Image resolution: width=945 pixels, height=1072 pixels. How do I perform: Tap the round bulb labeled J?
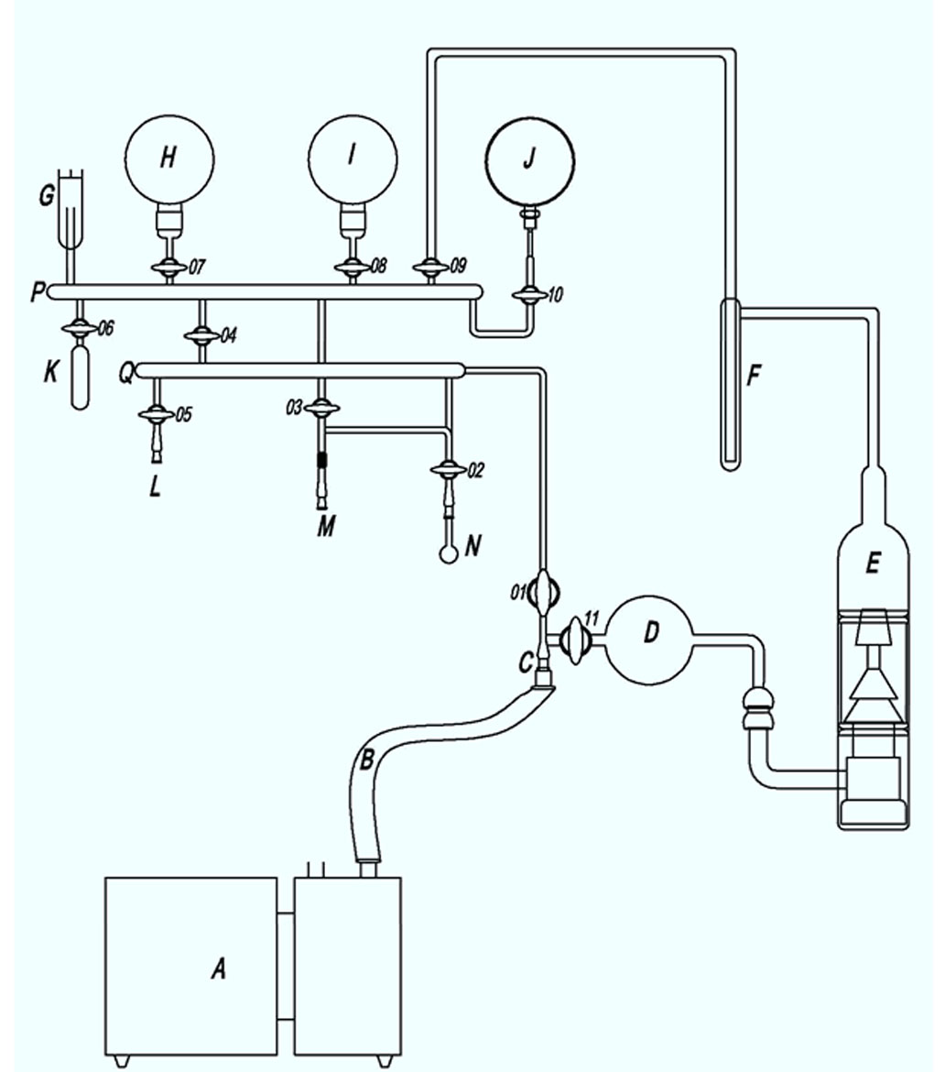click(x=529, y=159)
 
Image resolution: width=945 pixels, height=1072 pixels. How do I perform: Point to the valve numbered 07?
click(x=168, y=268)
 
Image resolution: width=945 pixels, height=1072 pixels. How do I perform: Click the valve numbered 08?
click(x=353, y=268)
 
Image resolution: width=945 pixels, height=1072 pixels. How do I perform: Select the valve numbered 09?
click(x=430, y=268)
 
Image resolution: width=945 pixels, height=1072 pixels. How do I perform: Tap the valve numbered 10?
click(x=528, y=295)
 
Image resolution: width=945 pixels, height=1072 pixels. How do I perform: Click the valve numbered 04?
click(x=202, y=335)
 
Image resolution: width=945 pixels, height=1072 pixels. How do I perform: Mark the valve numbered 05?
click(x=155, y=415)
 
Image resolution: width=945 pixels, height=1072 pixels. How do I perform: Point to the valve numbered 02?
click(x=449, y=470)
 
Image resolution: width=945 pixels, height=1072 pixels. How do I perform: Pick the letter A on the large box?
click(x=218, y=968)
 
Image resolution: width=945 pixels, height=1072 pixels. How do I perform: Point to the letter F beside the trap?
click(x=755, y=375)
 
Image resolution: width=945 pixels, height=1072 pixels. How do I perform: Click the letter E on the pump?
click(x=872, y=563)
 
